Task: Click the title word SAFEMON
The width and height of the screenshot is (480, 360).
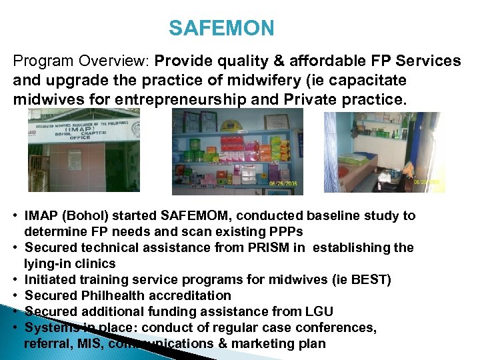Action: pyautogui.click(x=221, y=28)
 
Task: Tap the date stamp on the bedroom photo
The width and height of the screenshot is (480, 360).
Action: pyautogui.click(x=426, y=181)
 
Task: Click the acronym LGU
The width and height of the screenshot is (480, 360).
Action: pyautogui.click(x=318, y=312)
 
